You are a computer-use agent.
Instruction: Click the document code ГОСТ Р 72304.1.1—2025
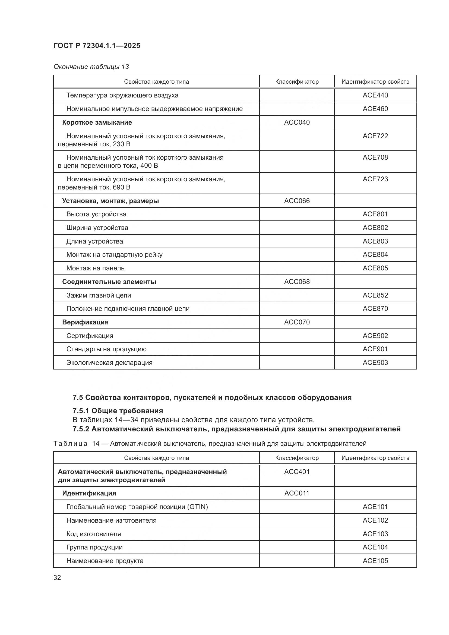(x=97, y=46)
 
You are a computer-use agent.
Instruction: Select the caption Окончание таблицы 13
(x=91, y=67)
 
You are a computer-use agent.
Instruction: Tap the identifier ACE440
(x=375, y=95)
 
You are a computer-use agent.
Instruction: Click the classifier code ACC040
(x=297, y=122)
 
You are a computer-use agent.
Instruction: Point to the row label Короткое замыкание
(x=97, y=122)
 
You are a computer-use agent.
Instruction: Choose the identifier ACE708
(x=375, y=157)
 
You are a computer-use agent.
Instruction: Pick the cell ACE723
(x=375, y=179)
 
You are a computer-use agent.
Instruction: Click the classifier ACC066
(x=297, y=201)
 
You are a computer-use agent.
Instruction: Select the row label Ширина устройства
(x=97, y=228)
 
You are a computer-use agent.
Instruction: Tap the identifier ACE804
(x=375, y=254)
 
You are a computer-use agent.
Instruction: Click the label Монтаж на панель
(x=95, y=268)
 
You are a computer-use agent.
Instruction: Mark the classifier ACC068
(x=297, y=282)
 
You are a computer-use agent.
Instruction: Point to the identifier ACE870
(x=375, y=308)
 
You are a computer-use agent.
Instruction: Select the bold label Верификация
(x=86, y=322)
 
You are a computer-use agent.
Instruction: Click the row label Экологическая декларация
(x=109, y=363)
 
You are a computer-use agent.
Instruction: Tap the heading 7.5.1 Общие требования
(x=118, y=410)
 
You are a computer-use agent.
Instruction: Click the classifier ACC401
(x=297, y=472)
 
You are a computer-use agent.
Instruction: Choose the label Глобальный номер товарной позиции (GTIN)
(x=137, y=507)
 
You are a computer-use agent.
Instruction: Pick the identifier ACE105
(x=375, y=561)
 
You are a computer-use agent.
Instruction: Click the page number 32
(x=57, y=577)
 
